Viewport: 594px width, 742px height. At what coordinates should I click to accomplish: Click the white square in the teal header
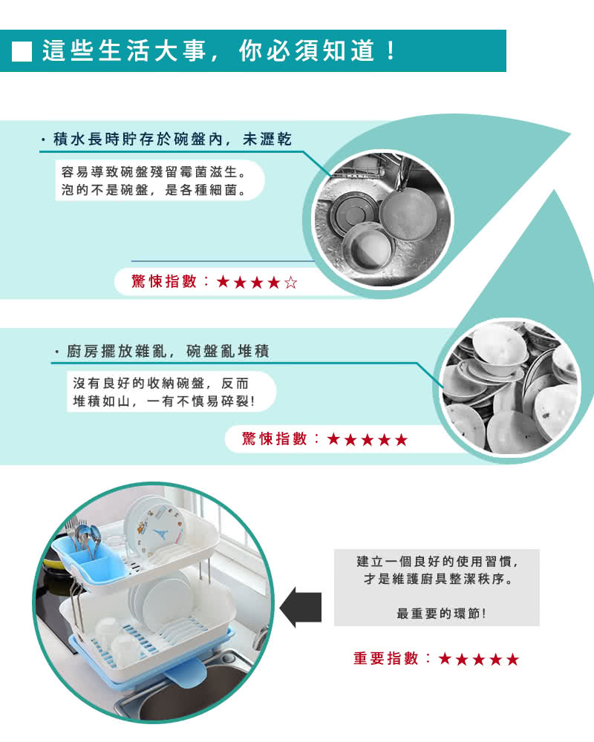(22, 52)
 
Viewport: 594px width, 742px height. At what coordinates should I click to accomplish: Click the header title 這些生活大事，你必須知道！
(219, 50)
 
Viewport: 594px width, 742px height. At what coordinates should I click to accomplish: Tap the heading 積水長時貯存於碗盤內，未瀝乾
(172, 139)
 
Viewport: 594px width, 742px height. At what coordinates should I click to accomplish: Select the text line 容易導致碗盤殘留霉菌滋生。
(154, 172)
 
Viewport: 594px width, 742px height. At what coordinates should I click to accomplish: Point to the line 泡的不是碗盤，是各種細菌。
(154, 190)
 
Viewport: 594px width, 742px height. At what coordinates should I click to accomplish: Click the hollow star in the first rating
(291, 283)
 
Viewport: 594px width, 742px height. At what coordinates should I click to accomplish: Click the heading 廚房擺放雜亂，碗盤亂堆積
(168, 351)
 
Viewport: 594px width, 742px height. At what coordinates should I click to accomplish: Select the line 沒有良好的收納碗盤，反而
(160, 384)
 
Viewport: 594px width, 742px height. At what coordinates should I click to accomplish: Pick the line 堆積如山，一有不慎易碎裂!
(164, 401)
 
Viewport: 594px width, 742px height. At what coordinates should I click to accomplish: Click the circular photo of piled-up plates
(511, 387)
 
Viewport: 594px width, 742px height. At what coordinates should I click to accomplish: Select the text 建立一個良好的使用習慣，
(437, 562)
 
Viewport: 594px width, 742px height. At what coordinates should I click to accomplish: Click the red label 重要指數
(386, 658)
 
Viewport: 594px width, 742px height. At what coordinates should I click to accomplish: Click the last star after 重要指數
(512, 659)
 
